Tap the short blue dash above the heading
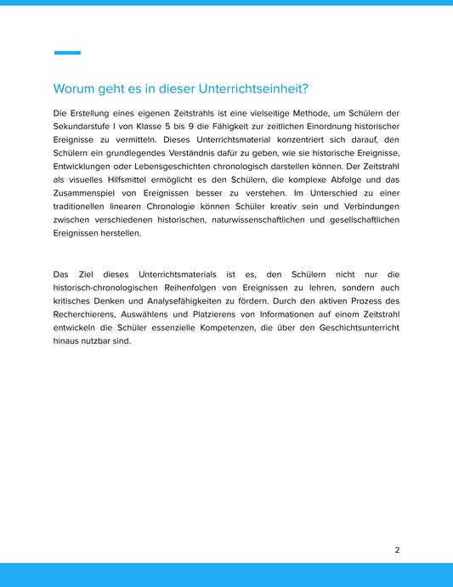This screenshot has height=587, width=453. (x=67, y=53)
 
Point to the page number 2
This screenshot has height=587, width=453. (x=397, y=550)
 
